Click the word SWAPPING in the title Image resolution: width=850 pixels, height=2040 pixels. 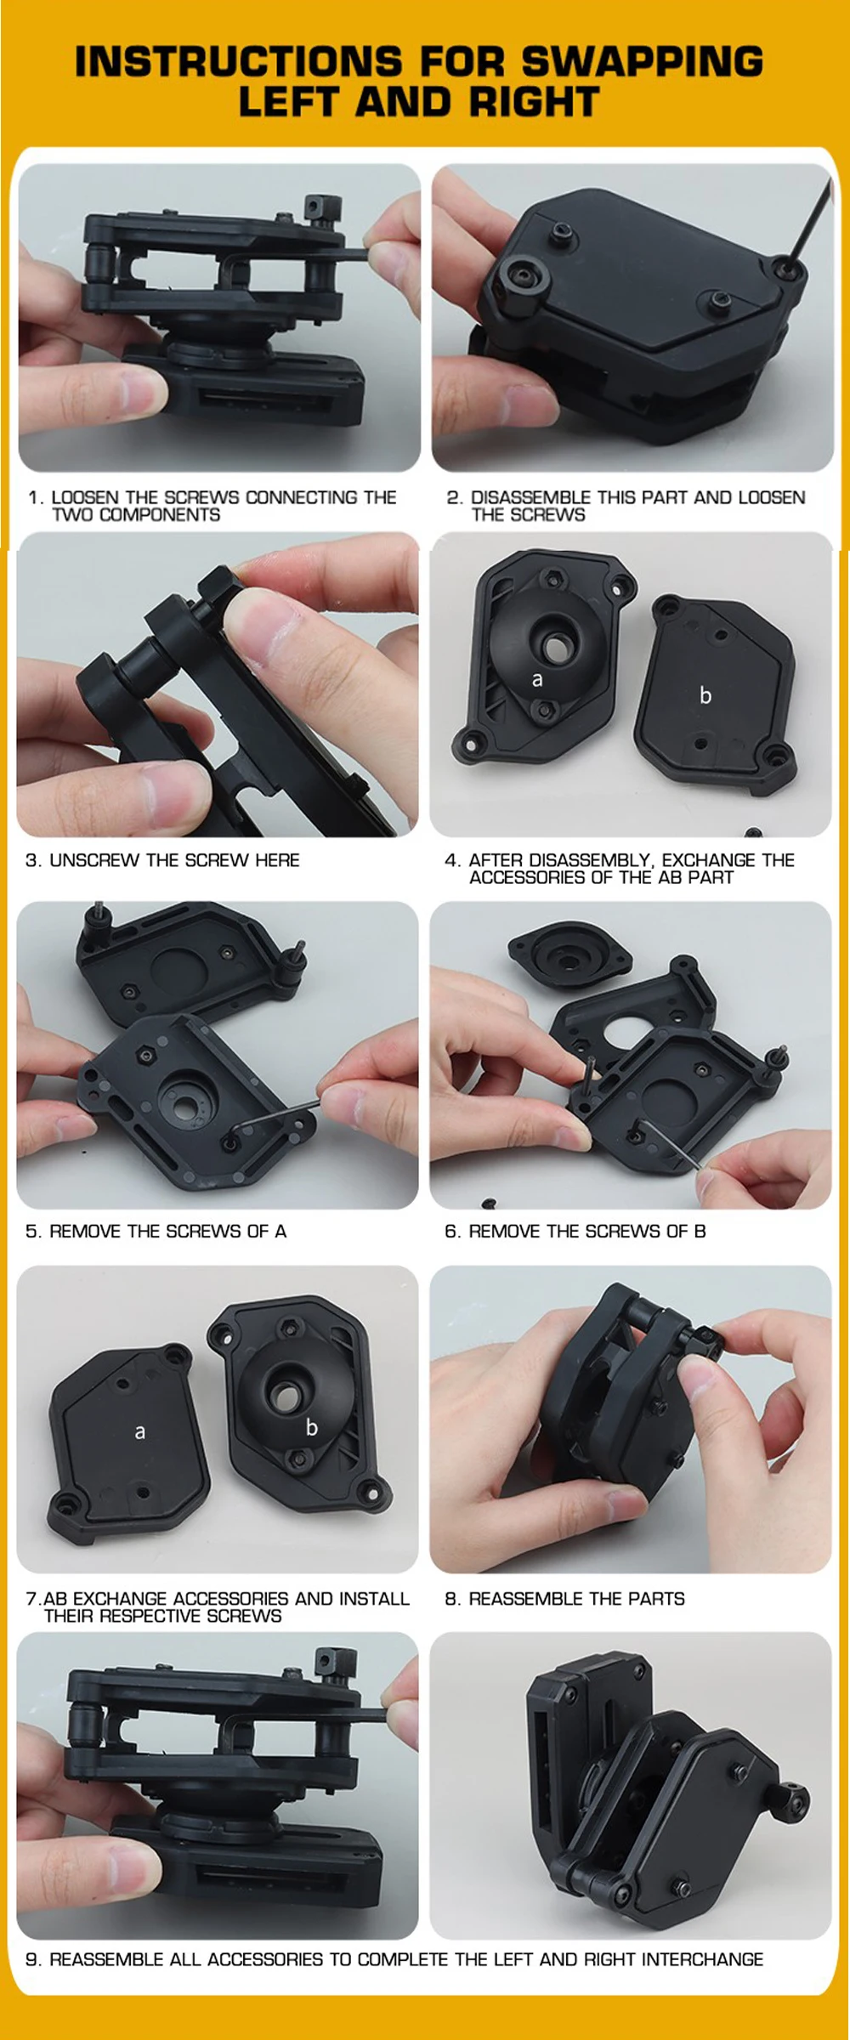642,61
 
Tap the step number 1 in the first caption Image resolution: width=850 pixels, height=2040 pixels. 34,497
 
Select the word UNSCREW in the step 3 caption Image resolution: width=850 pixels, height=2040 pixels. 94,860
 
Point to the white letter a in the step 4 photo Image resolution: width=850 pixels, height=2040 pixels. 537,680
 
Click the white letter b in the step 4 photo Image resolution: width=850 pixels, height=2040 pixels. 705,695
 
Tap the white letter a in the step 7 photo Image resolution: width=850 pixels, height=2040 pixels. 140,1432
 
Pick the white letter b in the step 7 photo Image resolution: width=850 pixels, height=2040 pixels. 312,1427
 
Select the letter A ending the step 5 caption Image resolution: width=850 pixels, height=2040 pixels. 280,1231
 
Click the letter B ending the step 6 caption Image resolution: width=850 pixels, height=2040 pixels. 700,1231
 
